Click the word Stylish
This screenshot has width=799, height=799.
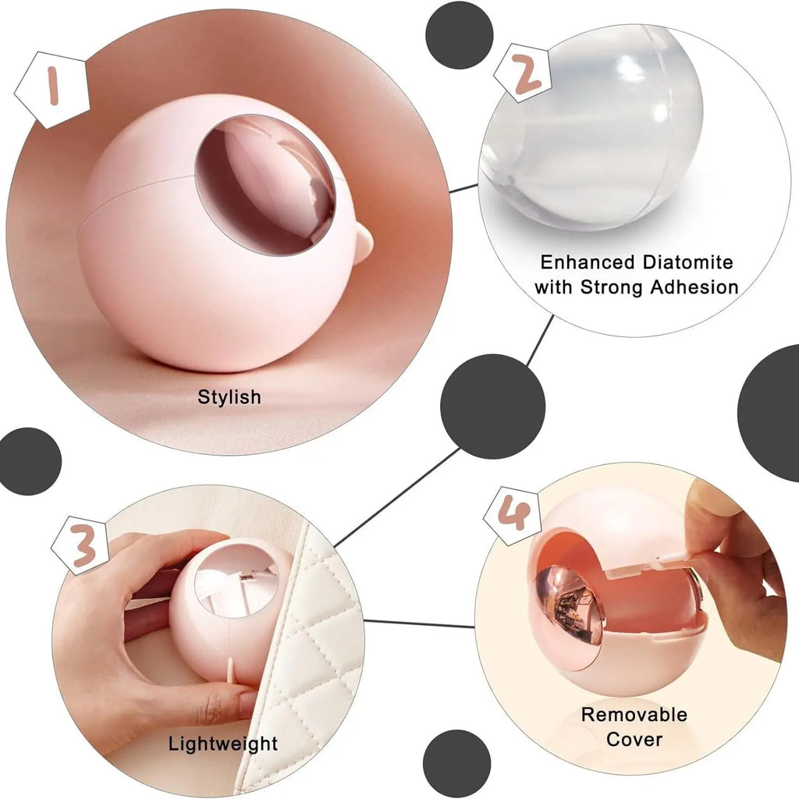(x=229, y=397)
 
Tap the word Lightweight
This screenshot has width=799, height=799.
(x=223, y=744)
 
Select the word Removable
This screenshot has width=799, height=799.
(x=634, y=715)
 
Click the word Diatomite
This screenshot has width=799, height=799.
(x=687, y=262)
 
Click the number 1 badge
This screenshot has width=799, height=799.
(x=51, y=90)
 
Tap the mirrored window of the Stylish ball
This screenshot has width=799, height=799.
(x=265, y=183)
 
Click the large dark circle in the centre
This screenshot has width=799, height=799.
(x=493, y=407)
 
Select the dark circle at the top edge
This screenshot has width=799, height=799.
(x=459, y=34)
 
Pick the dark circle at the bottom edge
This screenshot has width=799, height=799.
(x=457, y=764)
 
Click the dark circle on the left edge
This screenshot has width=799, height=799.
(x=30, y=461)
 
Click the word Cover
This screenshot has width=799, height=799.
(x=634, y=740)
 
